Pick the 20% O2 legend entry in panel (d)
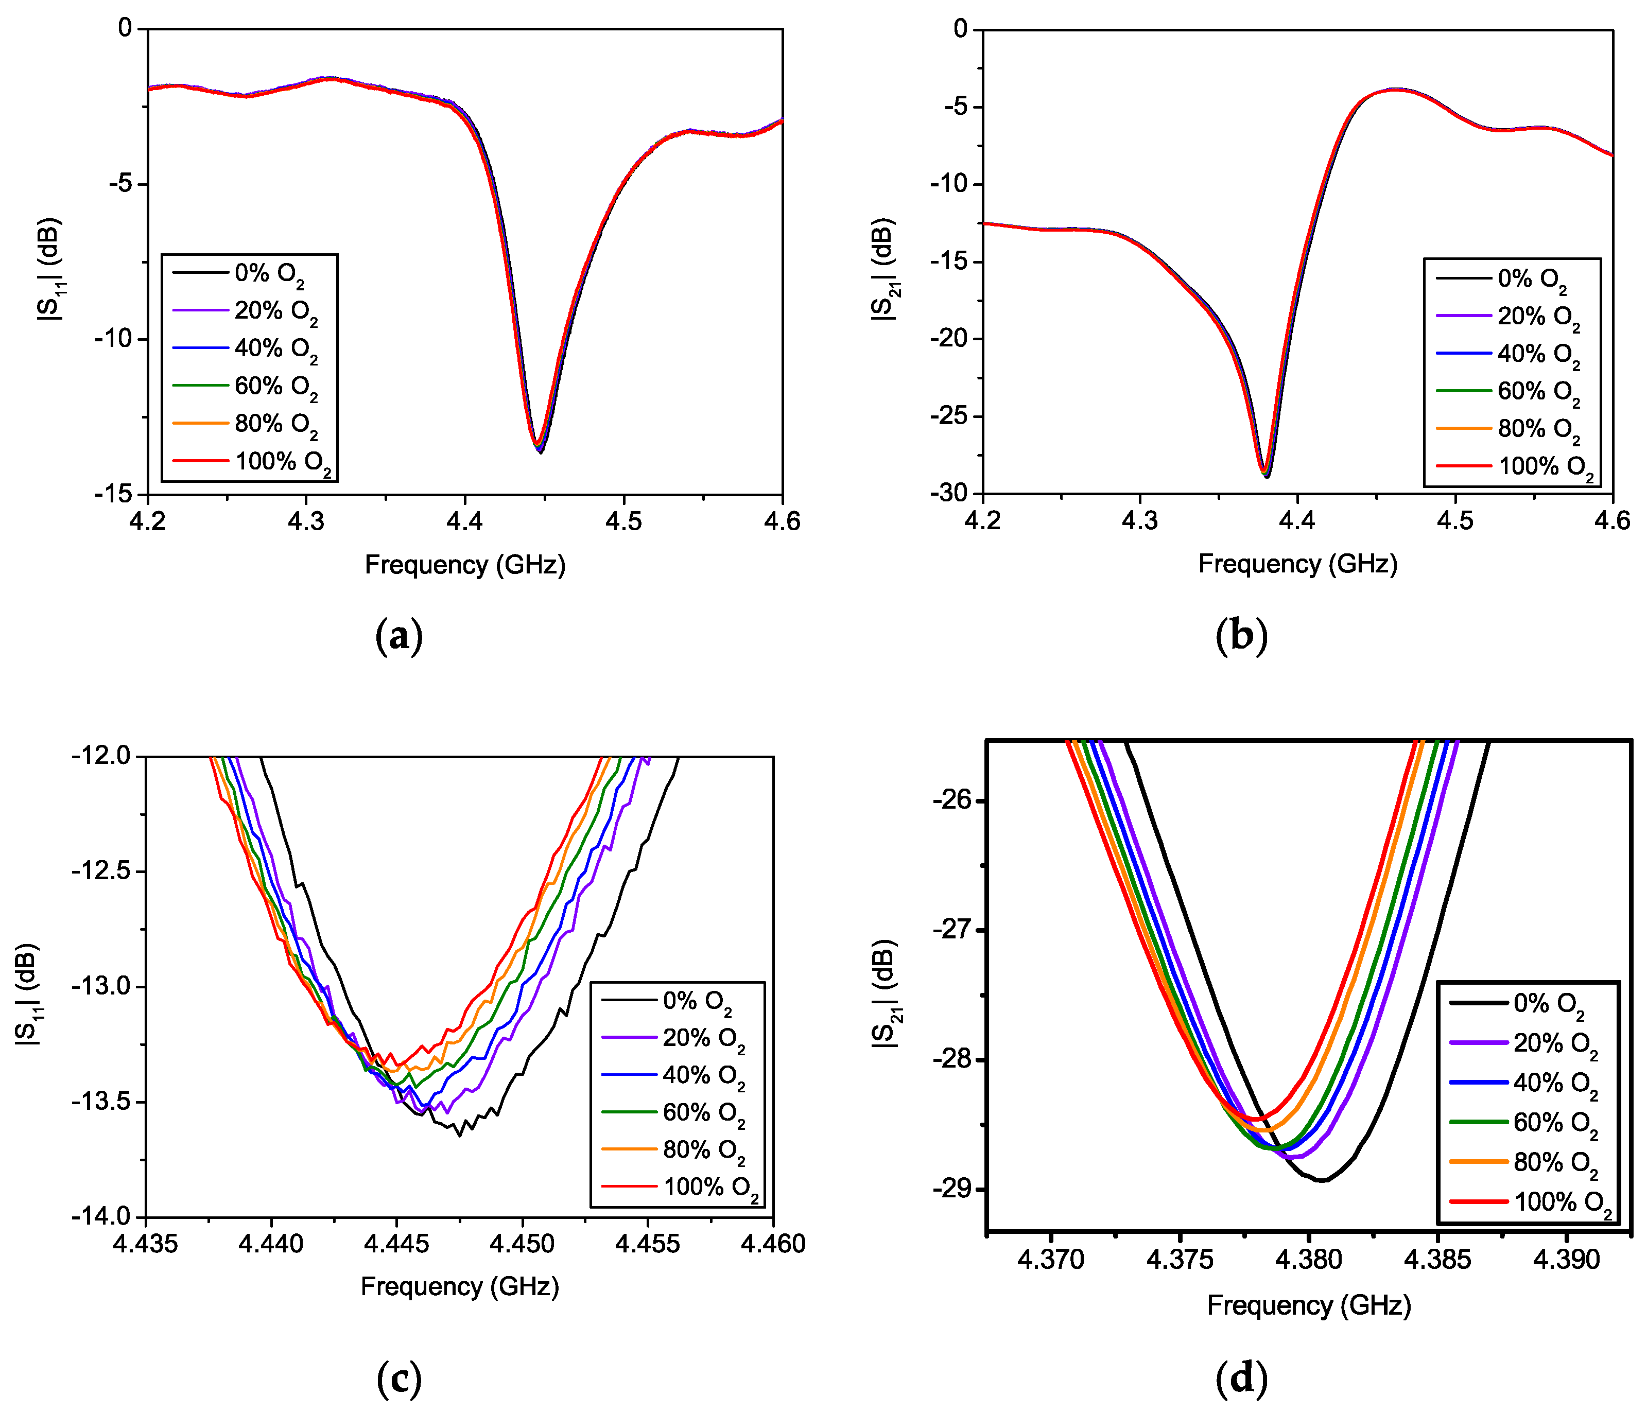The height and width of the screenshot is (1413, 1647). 1553,1043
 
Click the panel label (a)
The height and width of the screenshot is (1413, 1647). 398,637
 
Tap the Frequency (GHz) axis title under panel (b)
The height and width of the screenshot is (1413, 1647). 1297,564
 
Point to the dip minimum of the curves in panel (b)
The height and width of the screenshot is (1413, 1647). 1266,475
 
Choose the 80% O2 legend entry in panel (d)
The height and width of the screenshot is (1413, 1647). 1553,1163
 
